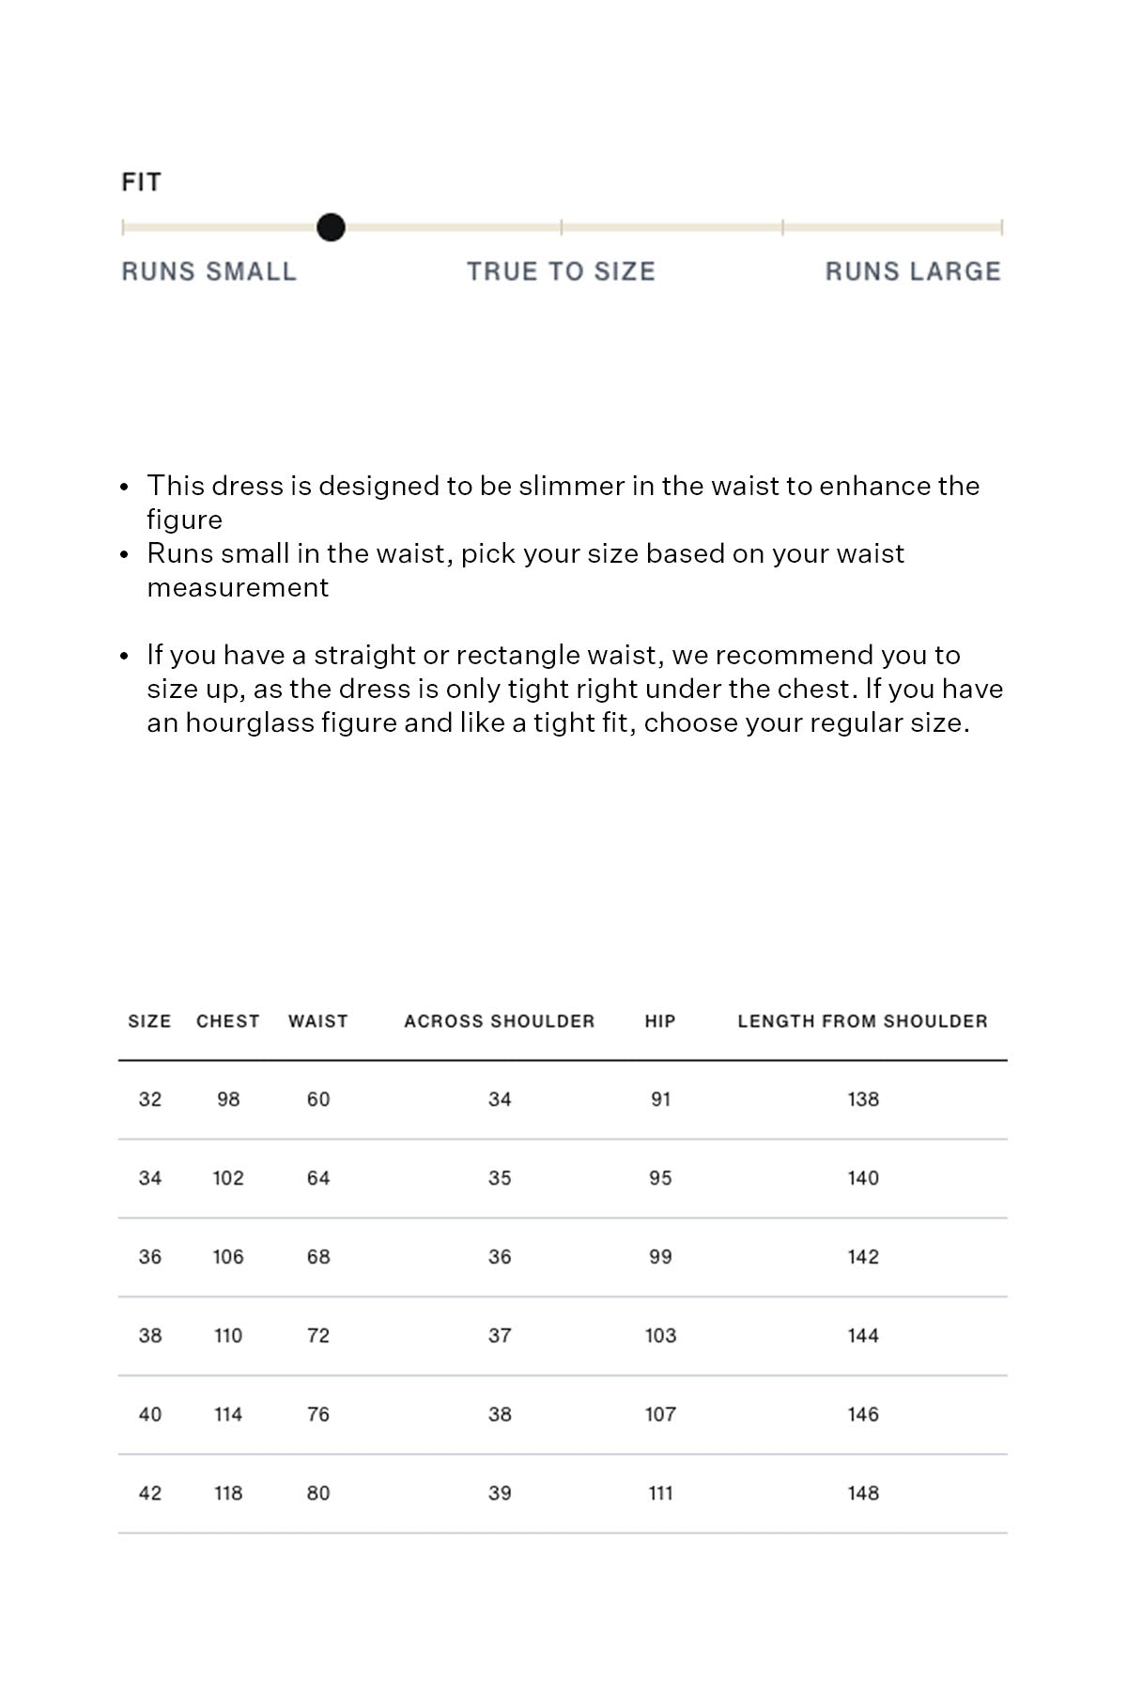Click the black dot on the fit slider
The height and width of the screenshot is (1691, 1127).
[x=331, y=227]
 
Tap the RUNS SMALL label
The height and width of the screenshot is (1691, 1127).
[x=208, y=271]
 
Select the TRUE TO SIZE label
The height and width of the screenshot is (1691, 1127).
[x=561, y=271]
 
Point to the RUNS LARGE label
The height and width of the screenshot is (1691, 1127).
[x=913, y=271]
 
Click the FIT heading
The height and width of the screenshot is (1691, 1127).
[x=141, y=182]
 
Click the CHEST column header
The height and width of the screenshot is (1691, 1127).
[x=227, y=1021]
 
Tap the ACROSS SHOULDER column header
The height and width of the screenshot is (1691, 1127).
[x=499, y=1021]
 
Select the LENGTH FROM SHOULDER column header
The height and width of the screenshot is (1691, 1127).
[x=862, y=1021]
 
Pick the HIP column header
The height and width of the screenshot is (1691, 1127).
[x=660, y=1021]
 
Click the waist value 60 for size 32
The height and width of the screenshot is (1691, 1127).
[x=318, y=1099]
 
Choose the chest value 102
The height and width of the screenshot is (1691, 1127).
[x=228, y=1178]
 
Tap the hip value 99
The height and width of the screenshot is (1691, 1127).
[x=660, y=1257]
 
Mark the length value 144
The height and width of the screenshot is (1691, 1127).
[x=863, y=1336]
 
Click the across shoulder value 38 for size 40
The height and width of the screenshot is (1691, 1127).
[x=500, y=1415]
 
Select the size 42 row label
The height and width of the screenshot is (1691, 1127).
[x=150, y=1494]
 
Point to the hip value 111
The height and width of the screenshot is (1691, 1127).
[x=660, y=1494]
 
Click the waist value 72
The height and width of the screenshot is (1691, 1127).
[x=318, y=1336]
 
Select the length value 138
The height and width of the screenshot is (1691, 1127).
[x=863, y=1099]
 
